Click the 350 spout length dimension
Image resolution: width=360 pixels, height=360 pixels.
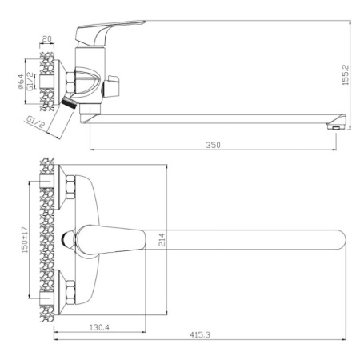[213, 145]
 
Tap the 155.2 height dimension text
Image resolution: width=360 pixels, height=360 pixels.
[346, 75]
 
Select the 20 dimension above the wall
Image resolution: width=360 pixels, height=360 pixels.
[47, 39]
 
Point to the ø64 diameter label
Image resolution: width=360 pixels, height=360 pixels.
[20, 82]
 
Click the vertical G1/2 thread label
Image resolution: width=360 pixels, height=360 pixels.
[30, 82]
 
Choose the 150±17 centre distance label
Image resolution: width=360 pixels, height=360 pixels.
[24, 240]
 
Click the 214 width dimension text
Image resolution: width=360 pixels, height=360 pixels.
[162, 239]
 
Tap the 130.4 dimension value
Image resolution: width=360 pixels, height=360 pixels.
[99, 327]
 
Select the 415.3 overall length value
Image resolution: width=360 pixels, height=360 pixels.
[200, 334]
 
